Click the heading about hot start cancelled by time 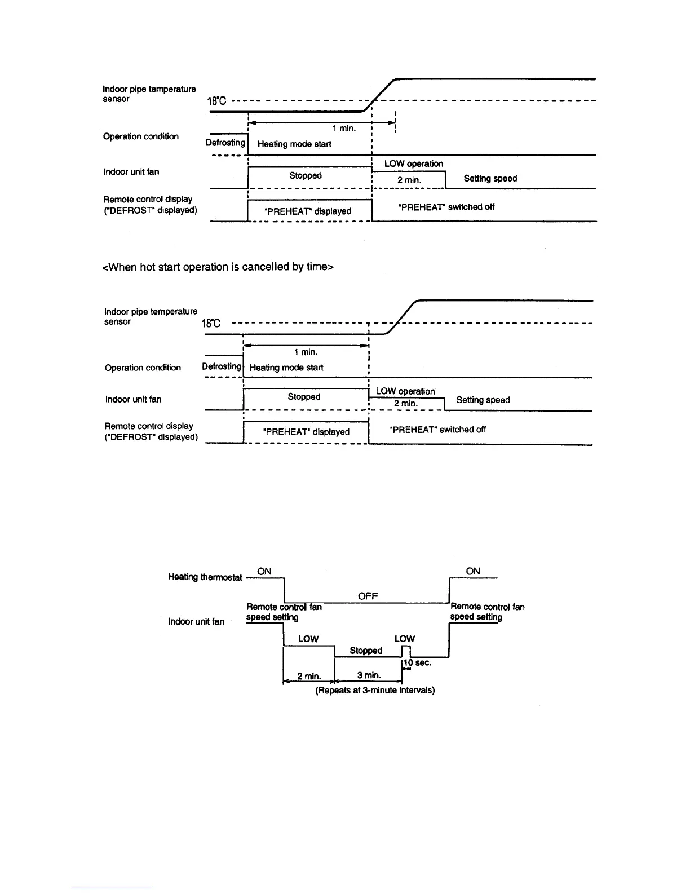(217, 267)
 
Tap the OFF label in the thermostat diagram (368, 596)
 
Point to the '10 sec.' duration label (418, 662)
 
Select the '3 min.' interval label (369, 675)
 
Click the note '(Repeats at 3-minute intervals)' (375, 690)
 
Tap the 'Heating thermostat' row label (205, 577)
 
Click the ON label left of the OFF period (264, 571)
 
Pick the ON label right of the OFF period (473, 571)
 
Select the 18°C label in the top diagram (216, 102)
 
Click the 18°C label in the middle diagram (211, 324)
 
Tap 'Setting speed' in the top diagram (490, 178)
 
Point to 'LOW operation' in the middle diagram (405, 391)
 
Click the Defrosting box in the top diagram (225, 143)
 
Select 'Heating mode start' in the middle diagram (286, 368)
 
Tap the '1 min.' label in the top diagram (344, 129)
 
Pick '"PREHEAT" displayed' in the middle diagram (306, 432)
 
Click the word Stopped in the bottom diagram (366, 651)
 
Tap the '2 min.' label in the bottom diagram (309, 675)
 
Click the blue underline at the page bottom (112, 888)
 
